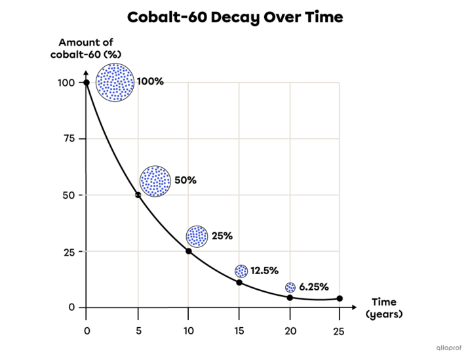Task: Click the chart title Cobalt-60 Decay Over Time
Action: pyautogui.click(x=235, y=17)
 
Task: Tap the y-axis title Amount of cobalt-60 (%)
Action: pyautogui.click(x=86, y=48)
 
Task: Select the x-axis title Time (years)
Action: pyautogui.click(x=383, y=308)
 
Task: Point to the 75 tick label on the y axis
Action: pyautogui.click(x=69, y=139)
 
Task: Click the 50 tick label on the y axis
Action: pyautogui.click(x=69, y=195)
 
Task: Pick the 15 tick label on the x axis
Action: pyautogui.click(x=239, y=331)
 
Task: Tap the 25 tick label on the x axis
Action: pyautogui.click(x=339, y=331)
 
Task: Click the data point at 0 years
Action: pyautogui.click(x=87, y=83)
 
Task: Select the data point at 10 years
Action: pyautogui.click(x=188, y=251)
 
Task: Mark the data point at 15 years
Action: pyautogui.click(x=239, y=283)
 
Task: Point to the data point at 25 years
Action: pyautogui.click(x=340, y=298)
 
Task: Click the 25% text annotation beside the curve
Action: pyautogui.click(x=222, y=236)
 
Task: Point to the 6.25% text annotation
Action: pyautogui.click(x=313, y=287)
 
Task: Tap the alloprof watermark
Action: pyautogui.click(x=448, y=348)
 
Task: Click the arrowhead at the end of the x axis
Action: pyautogui.click(x=354, y=308)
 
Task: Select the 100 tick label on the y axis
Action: pyautogui.click(x=66, y=83)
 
